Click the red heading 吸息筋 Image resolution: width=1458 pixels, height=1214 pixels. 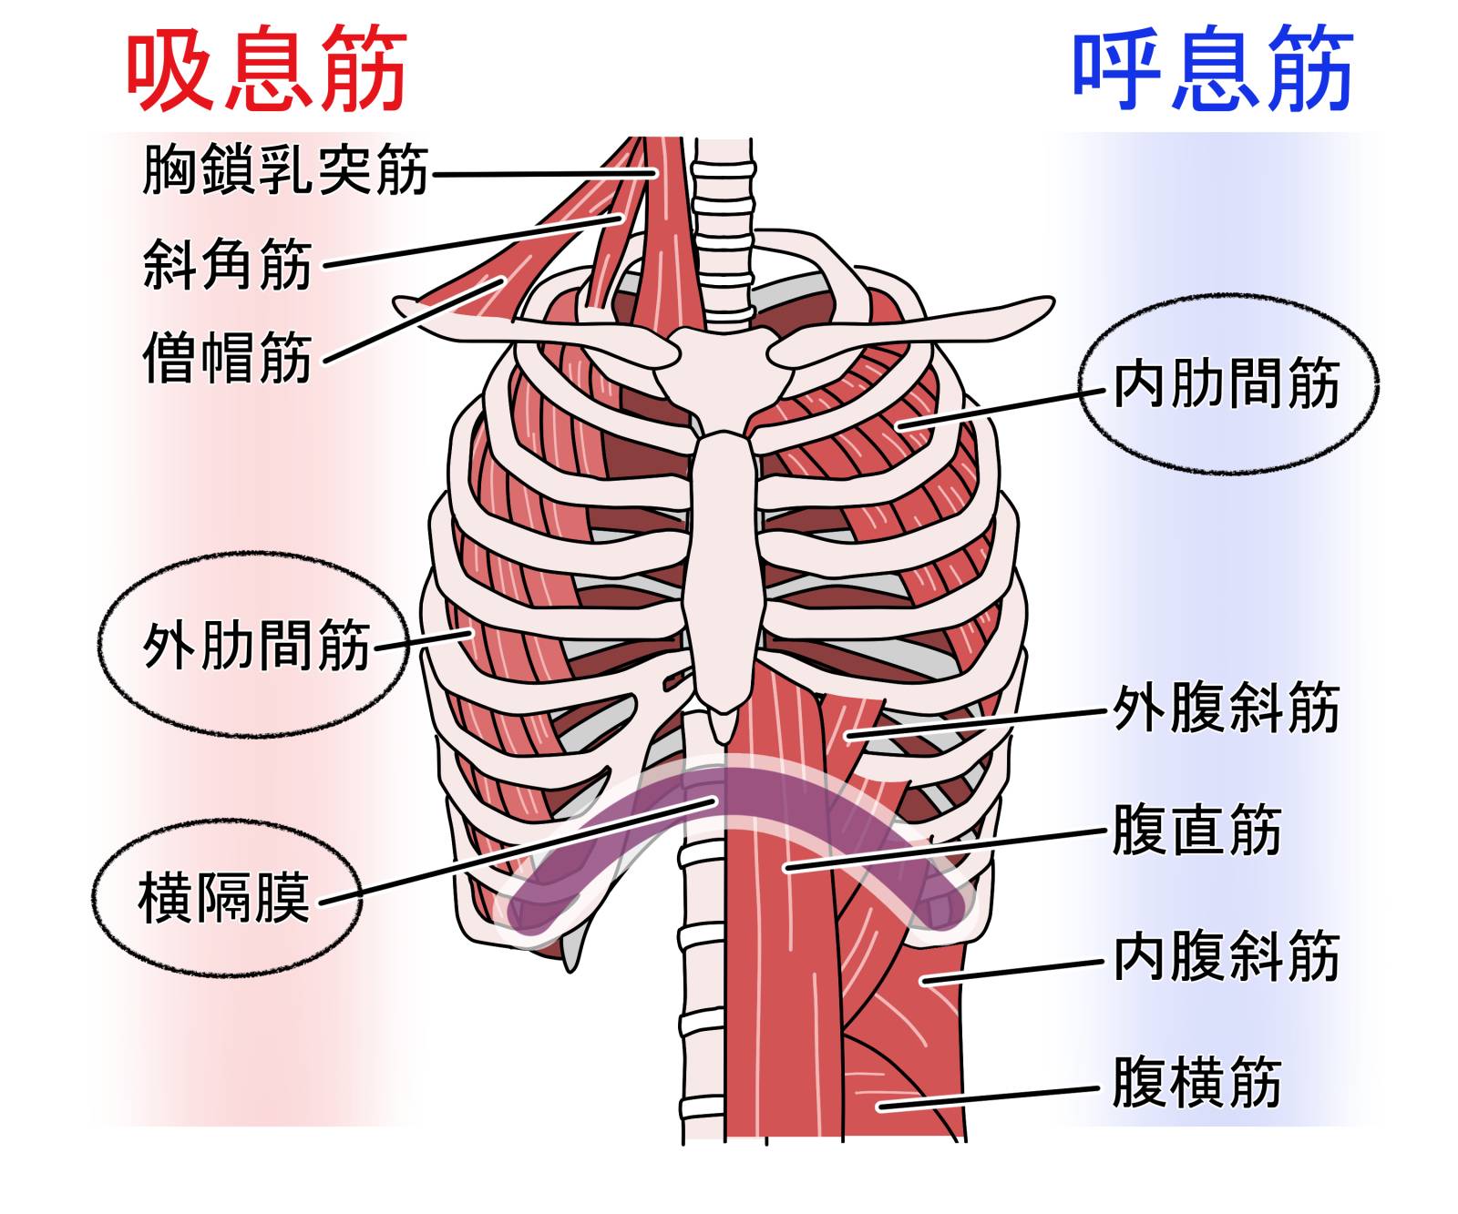pos(265,69)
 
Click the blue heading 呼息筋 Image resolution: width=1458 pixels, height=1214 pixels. pos(1212,69)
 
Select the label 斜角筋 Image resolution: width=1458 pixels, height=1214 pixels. pos(227,264)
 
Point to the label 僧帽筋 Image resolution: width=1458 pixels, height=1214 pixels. pos(227,357)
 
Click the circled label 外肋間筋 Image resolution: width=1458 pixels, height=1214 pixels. pos(256,646)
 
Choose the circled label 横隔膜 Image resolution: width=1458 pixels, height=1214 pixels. pos(223,897)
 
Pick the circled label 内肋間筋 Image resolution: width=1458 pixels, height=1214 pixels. pos(1227,383)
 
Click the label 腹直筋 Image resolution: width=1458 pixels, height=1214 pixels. pos(1196,830)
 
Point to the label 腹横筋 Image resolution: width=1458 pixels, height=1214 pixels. pos(1196,1081)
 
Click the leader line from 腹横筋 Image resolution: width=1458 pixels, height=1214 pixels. pos(993,1097)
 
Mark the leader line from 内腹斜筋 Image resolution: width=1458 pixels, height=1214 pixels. pos(1011,971)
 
